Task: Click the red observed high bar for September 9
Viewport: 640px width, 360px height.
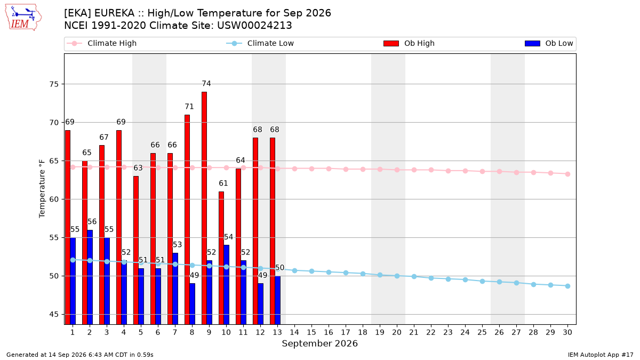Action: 204,208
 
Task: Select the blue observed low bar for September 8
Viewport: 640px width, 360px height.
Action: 193,303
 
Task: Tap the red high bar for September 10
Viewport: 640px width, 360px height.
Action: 221,258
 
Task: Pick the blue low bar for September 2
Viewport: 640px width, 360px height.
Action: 90,277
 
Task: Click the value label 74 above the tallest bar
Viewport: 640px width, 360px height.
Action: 206,83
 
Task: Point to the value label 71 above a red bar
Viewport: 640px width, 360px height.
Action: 189,107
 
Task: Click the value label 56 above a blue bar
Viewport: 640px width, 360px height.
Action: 92,222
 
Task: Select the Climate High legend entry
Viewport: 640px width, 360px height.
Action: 102,43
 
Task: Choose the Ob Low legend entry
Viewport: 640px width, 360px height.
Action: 549,43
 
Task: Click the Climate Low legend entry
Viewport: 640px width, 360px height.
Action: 260,43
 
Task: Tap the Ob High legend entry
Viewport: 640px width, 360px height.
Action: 409,43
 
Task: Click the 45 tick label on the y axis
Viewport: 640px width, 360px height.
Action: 54,315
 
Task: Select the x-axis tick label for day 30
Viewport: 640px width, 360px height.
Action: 567,332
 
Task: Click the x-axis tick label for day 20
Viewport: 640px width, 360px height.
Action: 397,332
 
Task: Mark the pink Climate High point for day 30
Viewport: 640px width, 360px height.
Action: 567,174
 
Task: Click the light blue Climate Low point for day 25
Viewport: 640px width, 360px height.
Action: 482,282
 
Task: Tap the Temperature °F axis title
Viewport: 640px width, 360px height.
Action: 42,189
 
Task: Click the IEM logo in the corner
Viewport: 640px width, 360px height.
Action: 23,18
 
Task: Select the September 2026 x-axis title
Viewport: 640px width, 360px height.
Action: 319,343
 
